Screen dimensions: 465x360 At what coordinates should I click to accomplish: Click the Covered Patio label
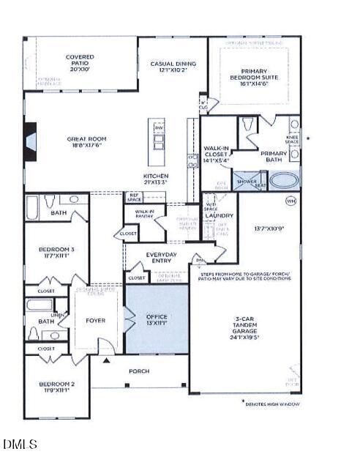80,60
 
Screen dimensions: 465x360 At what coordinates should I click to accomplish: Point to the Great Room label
88,141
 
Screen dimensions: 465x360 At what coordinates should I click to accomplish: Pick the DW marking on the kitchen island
159,129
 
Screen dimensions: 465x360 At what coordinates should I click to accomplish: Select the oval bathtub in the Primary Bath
284,179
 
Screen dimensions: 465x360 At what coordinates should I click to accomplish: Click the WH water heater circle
291,200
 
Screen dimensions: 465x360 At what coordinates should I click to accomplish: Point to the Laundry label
219,215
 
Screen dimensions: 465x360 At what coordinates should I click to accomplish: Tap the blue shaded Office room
157,319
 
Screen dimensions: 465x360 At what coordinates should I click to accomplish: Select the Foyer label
95,320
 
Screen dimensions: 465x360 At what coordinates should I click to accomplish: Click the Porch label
139,371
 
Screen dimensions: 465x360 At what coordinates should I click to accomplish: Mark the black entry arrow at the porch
107,360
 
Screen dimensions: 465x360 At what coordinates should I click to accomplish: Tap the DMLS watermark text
20,444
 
